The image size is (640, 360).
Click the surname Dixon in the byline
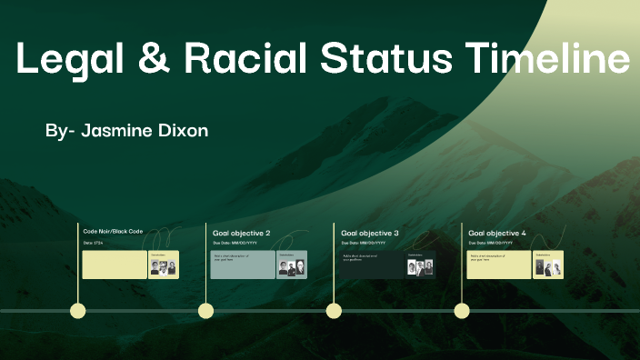click(185, 131)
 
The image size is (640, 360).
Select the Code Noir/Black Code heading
click(113, 232)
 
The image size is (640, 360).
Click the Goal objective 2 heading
click(241, 233)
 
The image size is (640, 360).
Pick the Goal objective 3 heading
click(369, 233)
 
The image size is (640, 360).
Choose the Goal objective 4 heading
click(497, 233)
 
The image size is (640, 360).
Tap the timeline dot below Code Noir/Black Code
click(78, 311)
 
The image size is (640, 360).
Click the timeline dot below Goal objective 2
click(206, 311)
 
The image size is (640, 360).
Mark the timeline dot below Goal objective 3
click(334, 311)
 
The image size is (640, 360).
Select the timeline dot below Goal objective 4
click(462, 311)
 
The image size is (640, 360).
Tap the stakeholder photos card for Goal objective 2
click(292, 265)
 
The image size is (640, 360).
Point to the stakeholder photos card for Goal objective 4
click(547, 265)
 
